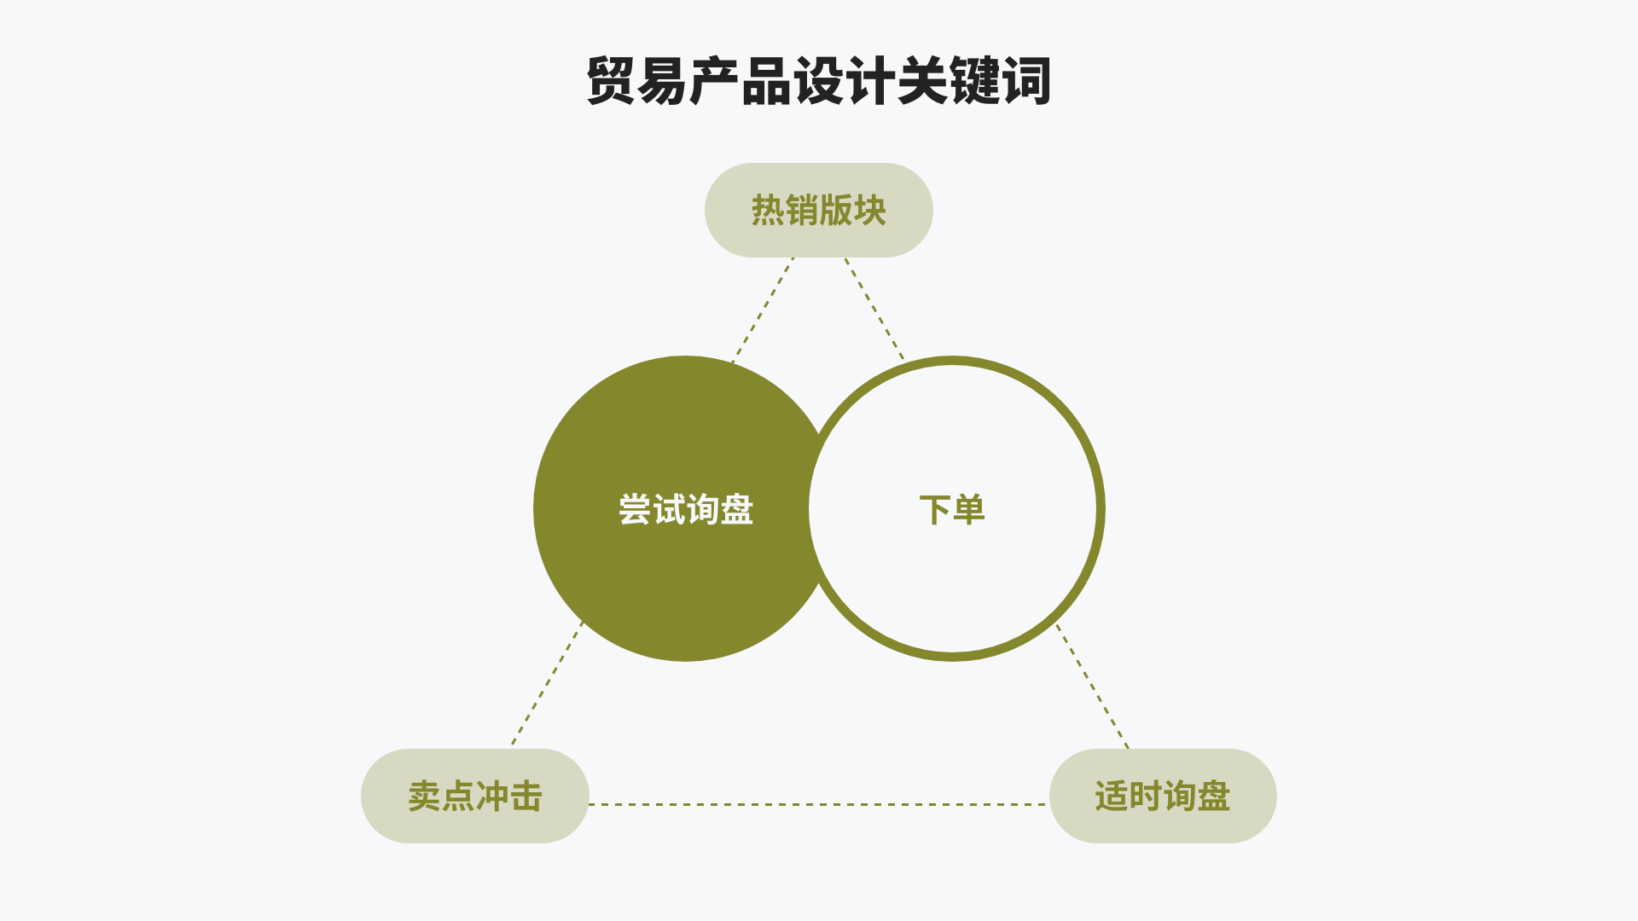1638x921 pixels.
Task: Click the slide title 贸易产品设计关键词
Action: (818, 82)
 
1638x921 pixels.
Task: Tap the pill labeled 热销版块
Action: (818, 210)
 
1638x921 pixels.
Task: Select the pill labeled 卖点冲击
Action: (474, 796)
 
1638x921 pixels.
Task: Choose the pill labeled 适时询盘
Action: (1162, 796)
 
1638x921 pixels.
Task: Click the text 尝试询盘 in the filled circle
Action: (686, 510)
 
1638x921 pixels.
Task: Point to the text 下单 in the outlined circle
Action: (952, 510)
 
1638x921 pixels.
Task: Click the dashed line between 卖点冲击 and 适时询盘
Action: (818, 804)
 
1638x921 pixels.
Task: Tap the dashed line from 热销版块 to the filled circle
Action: (763, 310)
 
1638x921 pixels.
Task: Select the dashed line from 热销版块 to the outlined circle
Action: (874, 309)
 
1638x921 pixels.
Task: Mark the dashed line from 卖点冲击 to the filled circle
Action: (547, 683)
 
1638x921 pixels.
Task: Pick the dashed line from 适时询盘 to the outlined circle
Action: (1093, 686)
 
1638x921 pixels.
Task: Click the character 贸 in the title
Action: (611, 82)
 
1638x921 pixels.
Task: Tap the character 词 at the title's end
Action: (1026, 82)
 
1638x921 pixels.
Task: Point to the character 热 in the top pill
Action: (768, 210)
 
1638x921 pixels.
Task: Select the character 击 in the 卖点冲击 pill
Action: (526, 796)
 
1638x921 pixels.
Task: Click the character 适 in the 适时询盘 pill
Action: (1112, 796)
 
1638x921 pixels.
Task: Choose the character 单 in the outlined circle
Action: (969, 510)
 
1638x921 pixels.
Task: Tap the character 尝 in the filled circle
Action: (635, 510)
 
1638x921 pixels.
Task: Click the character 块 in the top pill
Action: (870, 210)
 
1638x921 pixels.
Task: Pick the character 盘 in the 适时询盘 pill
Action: (1214, 796)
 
